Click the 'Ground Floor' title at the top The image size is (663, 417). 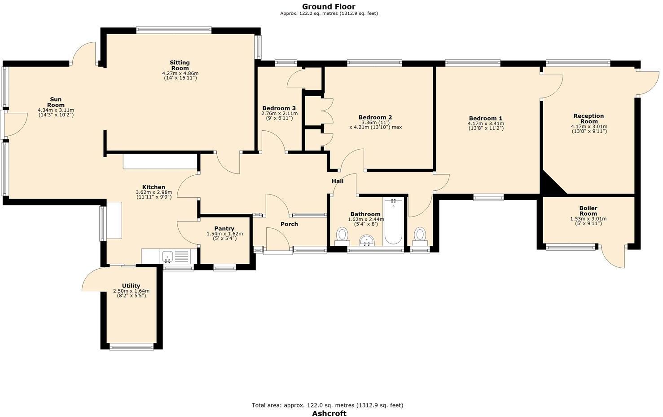coord(328,6)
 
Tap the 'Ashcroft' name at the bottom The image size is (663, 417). coord(329,413)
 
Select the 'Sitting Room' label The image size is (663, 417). coord(180,66)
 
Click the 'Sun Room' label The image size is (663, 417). coord(56,102)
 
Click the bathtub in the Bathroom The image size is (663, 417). coord(393,221)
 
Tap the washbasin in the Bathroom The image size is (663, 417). coord(367,241)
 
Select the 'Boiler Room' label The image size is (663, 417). coord(588,211)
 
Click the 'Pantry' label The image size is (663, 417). coord(224,228)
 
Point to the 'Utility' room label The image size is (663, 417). coord(131,285)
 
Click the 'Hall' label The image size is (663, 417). coord(338,181)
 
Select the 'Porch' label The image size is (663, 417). coord(289,224)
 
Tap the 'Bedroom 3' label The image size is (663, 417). coord(279,108)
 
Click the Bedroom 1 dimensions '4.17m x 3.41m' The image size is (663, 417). coord(486,124)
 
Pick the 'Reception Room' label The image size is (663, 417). coord(589,119)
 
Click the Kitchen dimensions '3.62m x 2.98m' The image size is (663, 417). coord(154,192)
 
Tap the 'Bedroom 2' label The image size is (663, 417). coord(375,117)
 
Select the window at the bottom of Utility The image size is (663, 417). coord(132,346)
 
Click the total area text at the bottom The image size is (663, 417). coord(327,405)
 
